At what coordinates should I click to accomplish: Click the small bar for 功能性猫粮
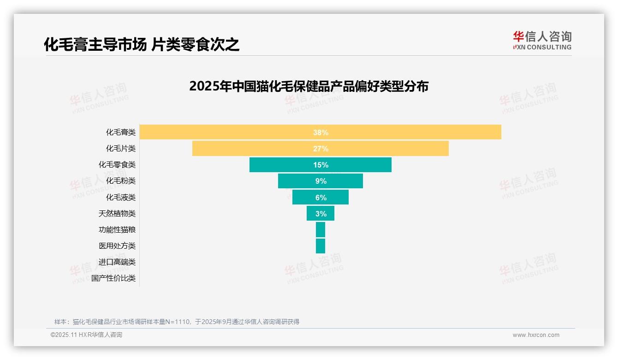coord(321,230)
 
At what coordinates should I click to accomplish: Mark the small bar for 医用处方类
coord(321,246)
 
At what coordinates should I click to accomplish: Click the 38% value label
coord(321,132)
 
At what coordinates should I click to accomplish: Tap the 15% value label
coord(321,165)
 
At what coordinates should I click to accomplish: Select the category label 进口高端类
coord(117,262)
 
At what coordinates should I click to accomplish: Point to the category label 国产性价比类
coord(113,278)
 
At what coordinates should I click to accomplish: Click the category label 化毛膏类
coord(121,132)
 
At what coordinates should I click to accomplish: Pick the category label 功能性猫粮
coord(117,230)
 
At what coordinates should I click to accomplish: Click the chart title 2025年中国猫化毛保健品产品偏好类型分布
coord(309,86)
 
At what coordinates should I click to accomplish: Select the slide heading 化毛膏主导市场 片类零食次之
coord(142,45)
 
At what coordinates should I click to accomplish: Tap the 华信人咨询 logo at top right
coord(542,40)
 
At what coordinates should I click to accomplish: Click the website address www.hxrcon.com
coord(536,335)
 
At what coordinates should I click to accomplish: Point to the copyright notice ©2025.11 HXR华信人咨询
coord(86,335)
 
